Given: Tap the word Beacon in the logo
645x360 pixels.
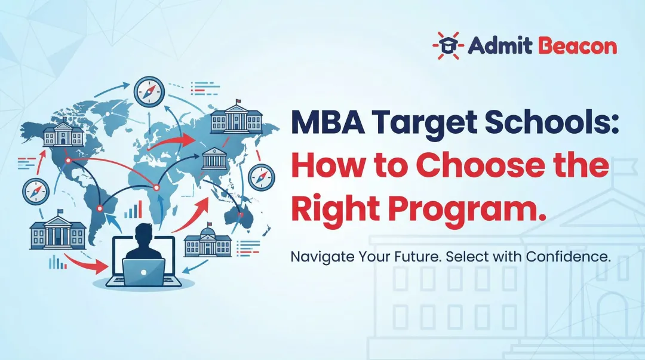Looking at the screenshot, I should pos(578,46).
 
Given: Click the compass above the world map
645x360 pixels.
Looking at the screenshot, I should pos(149,92).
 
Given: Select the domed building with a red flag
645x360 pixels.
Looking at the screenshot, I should pos(207,242).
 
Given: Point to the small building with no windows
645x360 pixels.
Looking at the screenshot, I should pos(214,159).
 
